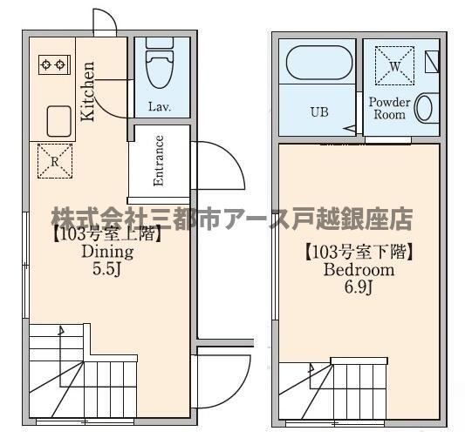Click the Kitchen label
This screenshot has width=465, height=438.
click(88, 91)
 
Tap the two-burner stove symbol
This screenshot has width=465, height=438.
click(52, 64)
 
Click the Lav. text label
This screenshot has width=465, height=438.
click(158, 108)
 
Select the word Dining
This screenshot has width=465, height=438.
click(106, 253)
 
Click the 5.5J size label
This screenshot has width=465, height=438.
click(106, 270)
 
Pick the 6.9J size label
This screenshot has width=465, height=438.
click(359, 287)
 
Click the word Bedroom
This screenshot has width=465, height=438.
click(359, 270)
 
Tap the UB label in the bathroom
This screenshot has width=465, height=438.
click(320, 112)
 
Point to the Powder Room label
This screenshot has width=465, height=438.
click(389, 108)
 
